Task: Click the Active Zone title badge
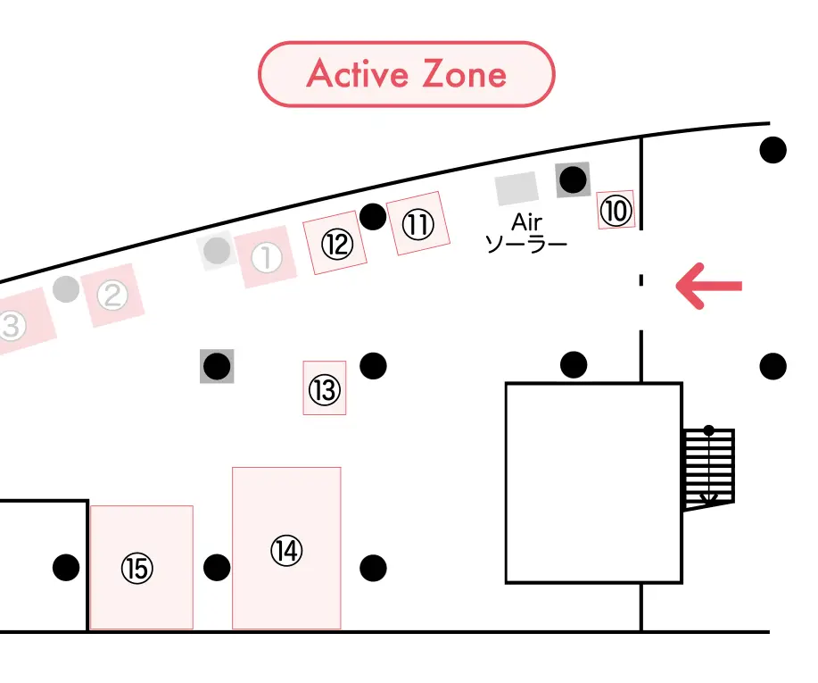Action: coord(407,74)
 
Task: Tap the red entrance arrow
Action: coord(708,286)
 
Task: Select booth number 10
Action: coord(616,211)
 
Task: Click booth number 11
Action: coord(417,224)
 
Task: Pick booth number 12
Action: coord(336,244)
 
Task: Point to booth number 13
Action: coord(325,388)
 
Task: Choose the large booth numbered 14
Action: coord(286,549)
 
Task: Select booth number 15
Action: coord(141,568)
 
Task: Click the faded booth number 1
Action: coord(267,259)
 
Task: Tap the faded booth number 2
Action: coord(112,295)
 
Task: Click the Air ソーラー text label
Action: coord(525,231)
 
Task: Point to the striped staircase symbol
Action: coord(709,468)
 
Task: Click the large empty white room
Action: coord(593,482)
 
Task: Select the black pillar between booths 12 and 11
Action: coord(373,216)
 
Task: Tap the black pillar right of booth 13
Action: coord(373,365)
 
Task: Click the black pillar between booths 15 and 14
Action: coord(217,567)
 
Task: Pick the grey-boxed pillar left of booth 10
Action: coord(573,180)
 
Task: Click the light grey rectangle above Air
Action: coord(516,187)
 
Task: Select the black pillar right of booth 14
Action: coord(373,567)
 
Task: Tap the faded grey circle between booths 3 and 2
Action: coord(65,289)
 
